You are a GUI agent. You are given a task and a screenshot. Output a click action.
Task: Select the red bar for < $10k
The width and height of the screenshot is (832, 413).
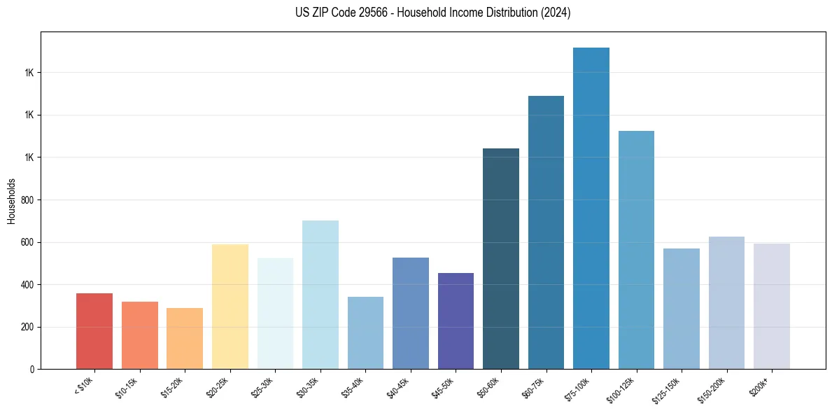pos(94,331)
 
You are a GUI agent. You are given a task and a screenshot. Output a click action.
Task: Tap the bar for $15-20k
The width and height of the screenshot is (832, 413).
pos(185,339)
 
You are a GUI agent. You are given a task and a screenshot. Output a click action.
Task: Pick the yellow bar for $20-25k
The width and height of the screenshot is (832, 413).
pos(230,307)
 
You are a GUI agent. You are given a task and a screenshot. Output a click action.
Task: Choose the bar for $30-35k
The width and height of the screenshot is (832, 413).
pos(320,295)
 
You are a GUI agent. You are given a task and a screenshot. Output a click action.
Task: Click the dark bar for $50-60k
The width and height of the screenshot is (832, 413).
pos(501,259)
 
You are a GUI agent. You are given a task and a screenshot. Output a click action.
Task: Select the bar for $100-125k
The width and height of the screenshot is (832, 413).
pos(636,250)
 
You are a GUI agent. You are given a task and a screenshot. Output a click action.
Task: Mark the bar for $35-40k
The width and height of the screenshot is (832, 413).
pos(365,333)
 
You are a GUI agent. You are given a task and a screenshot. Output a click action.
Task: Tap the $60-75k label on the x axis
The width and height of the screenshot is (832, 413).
pos(533,387)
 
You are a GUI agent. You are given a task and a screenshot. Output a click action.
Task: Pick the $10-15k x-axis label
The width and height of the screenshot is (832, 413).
pos(127,387)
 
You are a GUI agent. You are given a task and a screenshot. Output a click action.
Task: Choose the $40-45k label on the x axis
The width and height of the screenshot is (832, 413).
pos(398,387)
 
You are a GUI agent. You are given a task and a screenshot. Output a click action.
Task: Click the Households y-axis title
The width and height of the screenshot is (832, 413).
pos(11,201)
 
